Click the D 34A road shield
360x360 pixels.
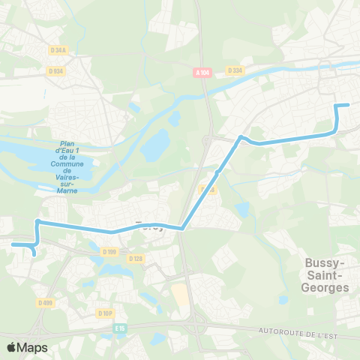coord(58,50)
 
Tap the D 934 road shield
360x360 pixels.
coord(55,70)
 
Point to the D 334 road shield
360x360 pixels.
coord(235,70)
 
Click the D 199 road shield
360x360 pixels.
coord(109,251)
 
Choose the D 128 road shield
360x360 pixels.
coord(135,259)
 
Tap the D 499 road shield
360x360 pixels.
coord(46,303)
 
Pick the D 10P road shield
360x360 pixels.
coord(105,313)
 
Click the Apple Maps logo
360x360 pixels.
coord(27,347)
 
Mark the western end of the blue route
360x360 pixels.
coord(13,244)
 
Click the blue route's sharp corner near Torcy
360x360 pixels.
coord(181,229)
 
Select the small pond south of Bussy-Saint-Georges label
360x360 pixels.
coord(283,299)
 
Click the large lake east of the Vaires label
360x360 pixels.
coord(156,145)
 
